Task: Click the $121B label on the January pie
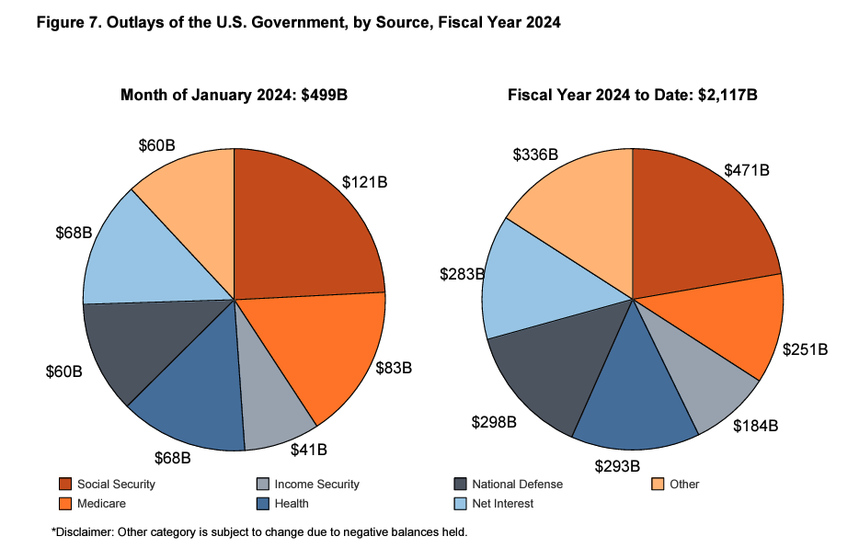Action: (364, 182)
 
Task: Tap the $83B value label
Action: (394, 368)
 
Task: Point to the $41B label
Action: (309, 451)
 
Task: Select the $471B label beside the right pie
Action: (746, 170)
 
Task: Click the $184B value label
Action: (756, 426)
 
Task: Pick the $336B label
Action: (535, 154)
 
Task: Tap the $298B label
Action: (494, 422)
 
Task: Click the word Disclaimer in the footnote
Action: (84, 531)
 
